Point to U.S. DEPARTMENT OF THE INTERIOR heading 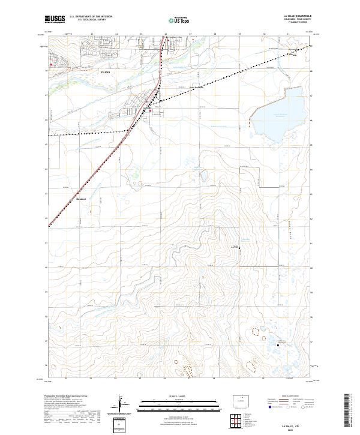[91, 17]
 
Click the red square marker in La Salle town [151, 110]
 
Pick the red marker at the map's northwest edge [52, 64]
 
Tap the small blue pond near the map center [204, 176]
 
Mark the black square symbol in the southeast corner [278, 344]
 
